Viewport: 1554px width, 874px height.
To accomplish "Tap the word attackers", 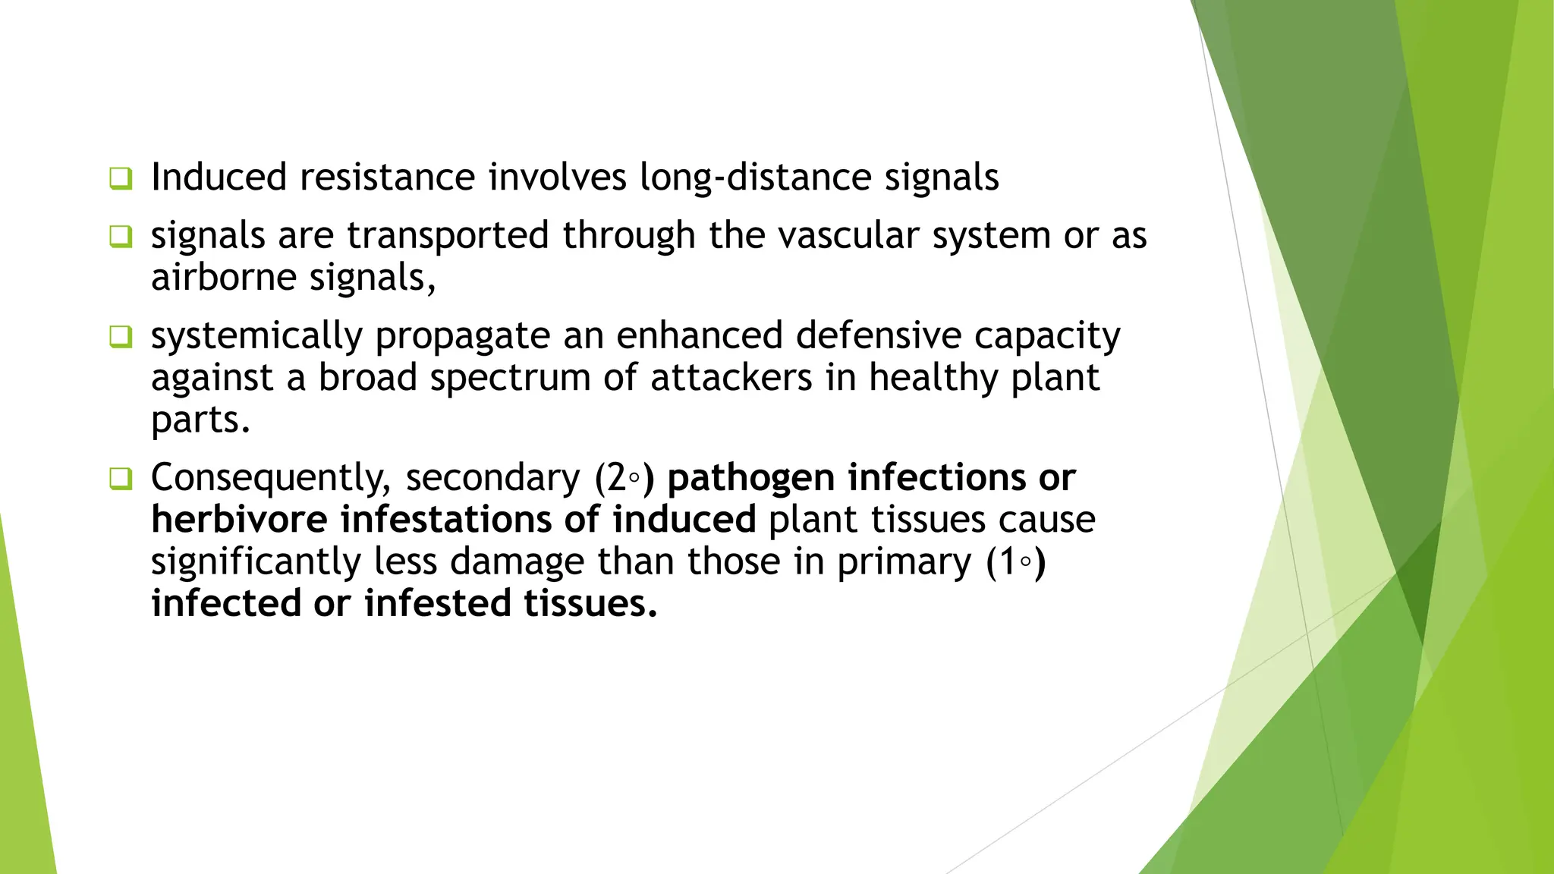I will (x=731, y=378).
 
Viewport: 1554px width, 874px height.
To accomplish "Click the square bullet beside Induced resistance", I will (x=120, y=178).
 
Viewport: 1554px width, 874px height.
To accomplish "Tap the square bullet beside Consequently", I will (x=120, y=479).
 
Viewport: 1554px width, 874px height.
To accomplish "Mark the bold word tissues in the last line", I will (x=590, y=604).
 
